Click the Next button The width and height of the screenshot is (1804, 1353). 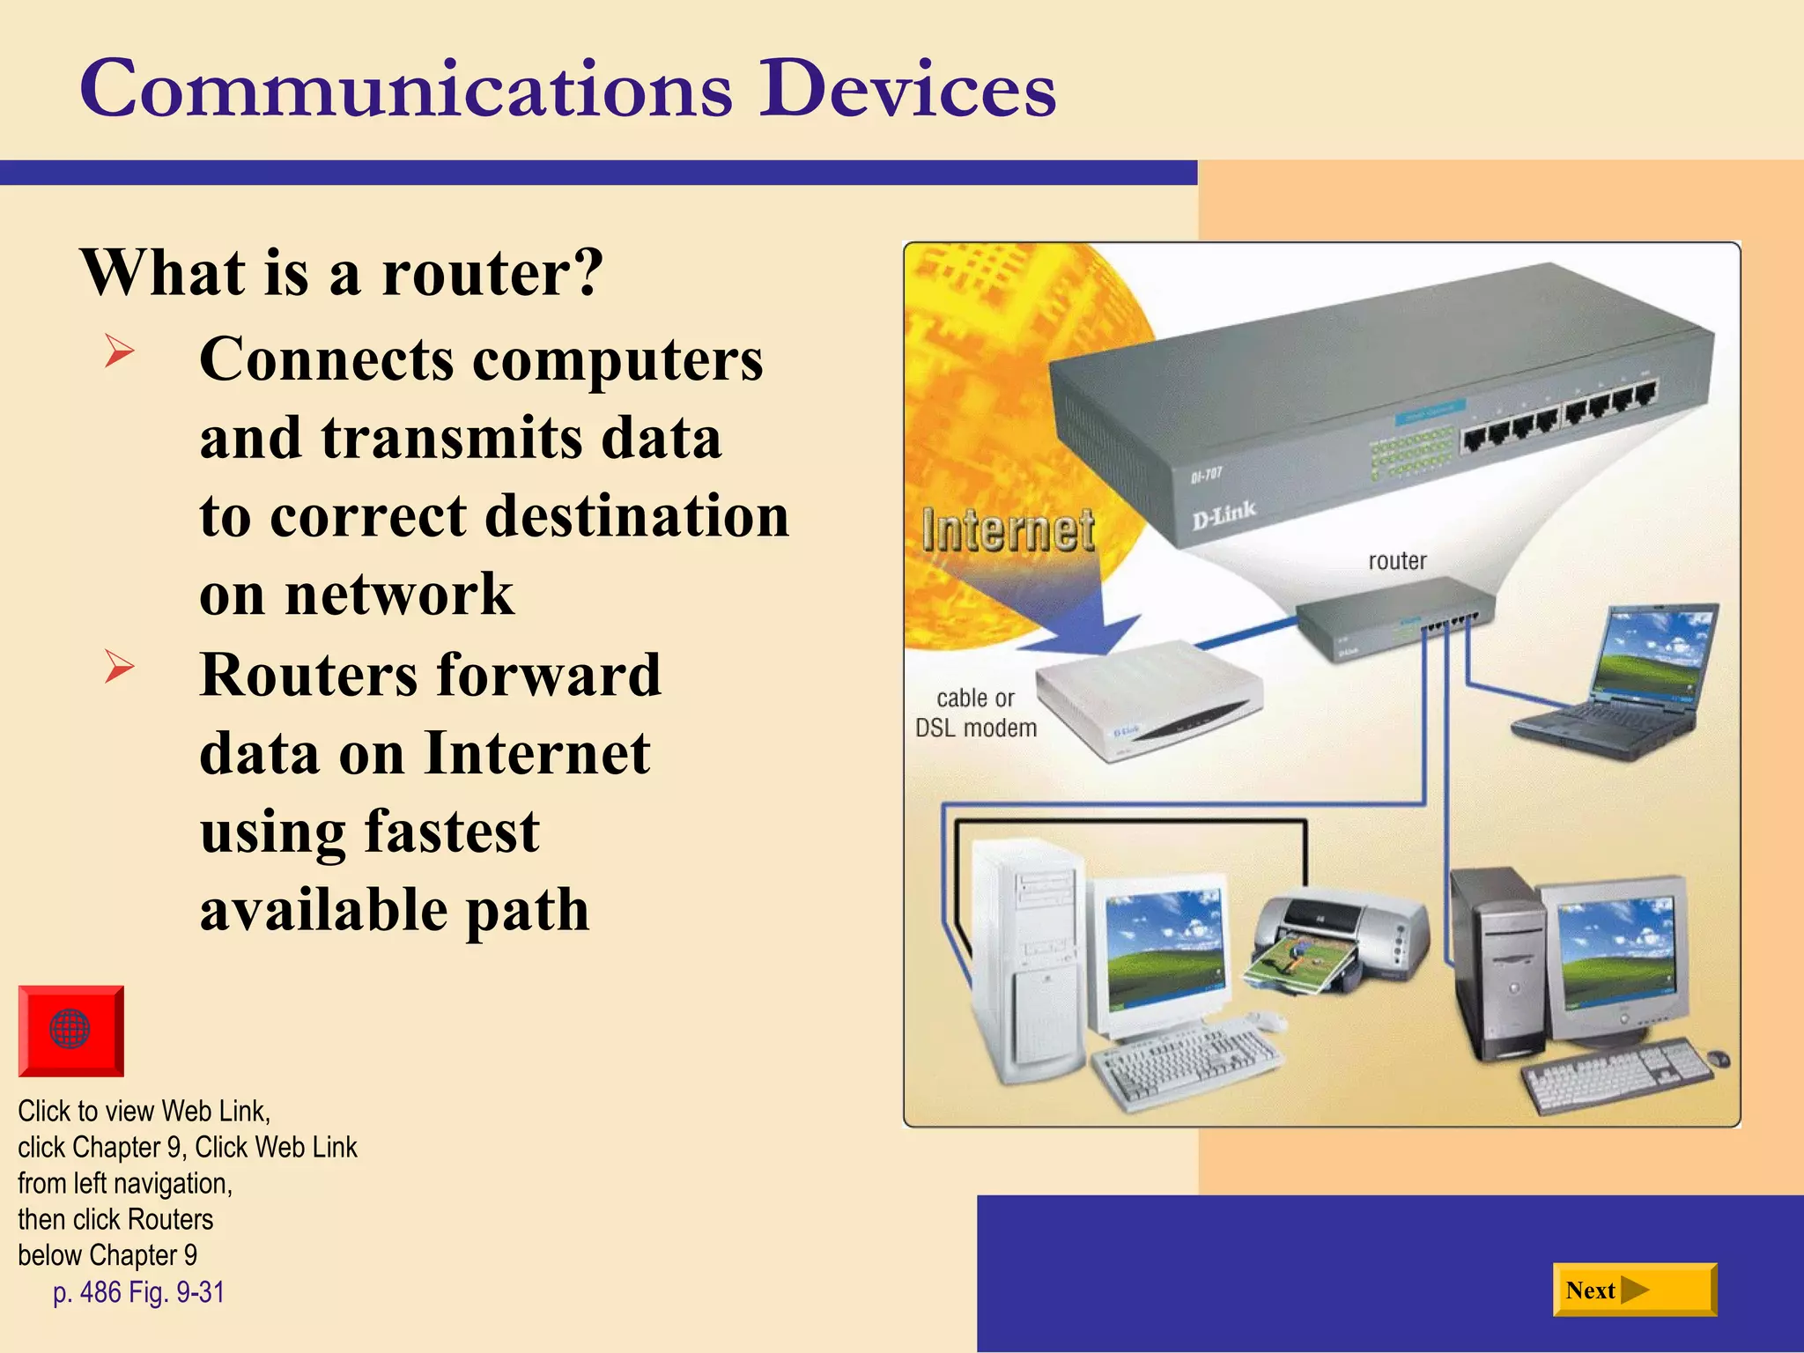coord(1633,1290)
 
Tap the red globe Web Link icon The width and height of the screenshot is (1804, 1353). coord(70,1030)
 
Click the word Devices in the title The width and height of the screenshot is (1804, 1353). coord(907,89)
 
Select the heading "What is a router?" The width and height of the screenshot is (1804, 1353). coord(342,272)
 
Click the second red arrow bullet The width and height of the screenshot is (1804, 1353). coord(119,666)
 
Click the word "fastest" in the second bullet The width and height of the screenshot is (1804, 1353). coord(452,832)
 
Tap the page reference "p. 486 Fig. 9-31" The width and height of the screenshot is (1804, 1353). coord(138,1292)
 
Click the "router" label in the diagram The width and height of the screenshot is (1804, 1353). coord(1396,561)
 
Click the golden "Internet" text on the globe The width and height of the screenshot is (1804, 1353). coord(1008,531)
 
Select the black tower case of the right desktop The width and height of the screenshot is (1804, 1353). coord(1497,965)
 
